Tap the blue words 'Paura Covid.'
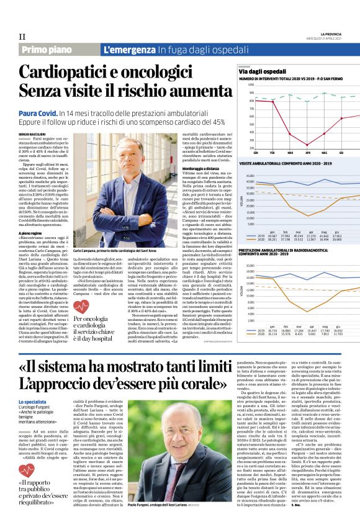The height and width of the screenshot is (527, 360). (x=39, y=114)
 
